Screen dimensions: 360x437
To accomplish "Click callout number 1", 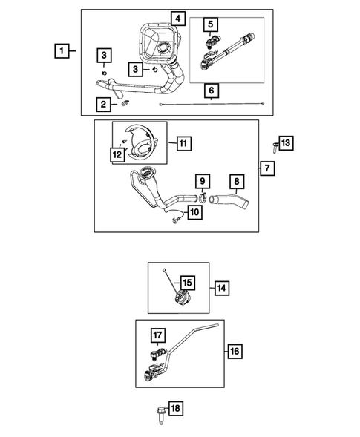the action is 62,51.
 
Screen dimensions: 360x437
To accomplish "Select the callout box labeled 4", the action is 178,19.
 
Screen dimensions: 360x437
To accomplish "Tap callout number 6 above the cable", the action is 212,91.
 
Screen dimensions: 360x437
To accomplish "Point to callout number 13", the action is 286,143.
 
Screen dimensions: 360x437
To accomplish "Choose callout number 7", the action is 267,168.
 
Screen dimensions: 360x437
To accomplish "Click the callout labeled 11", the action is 184,143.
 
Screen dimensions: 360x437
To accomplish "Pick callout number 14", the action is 222,288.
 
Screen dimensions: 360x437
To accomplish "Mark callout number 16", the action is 235,351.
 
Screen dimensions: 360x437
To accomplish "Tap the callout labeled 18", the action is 176,409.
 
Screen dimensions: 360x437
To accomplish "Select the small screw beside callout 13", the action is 275,147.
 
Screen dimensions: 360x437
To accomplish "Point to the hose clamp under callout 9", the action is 203,198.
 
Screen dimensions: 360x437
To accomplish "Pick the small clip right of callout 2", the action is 126,103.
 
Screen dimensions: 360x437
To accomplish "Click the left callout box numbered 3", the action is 104,55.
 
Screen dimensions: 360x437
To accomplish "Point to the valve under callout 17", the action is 158,354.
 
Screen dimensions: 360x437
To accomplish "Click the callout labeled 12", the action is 117,154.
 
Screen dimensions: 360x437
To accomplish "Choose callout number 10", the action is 194,212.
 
